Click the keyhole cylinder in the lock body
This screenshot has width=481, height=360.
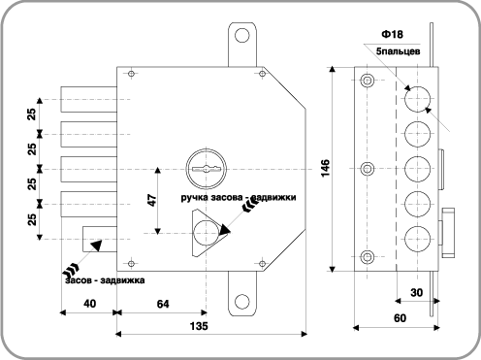(206, 169)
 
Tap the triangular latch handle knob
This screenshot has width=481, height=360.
(208, 232)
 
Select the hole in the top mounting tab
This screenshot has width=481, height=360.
(241, 35)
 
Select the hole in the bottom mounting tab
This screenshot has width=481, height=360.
(241, 302)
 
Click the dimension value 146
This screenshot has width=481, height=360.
(326, 168)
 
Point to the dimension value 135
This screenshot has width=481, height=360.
(199, 326)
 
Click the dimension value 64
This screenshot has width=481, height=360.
(163, 304)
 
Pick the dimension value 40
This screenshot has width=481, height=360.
(89, 304)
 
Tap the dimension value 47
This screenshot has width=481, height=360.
(151, 201)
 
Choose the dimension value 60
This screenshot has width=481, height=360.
(400, 318)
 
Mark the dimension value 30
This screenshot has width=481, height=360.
(416, 293)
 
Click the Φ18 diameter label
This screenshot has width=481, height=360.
(392, 34)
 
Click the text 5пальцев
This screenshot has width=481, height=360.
(399, 51)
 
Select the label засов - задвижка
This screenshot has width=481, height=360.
(105, 280)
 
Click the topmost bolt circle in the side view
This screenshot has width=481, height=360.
(418, 99)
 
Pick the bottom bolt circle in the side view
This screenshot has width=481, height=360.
(418, 239)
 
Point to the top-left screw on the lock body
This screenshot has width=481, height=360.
(131, 74)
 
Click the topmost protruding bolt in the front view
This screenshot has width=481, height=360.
(89, 99)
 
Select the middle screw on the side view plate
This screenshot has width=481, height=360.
(368, 168)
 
